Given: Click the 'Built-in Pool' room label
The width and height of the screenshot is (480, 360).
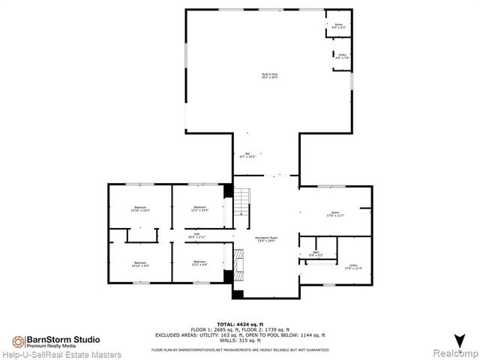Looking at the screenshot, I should [x=270, y=76].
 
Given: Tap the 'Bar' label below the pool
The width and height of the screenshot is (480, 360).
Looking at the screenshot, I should [x=247, y=155].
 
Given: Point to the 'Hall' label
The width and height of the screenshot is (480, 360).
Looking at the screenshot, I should [x=197, y=235].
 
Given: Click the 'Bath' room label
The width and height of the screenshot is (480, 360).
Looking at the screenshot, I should [x=316, y=253].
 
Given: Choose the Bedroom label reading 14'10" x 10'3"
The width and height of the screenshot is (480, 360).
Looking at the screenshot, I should [x=140, y=208].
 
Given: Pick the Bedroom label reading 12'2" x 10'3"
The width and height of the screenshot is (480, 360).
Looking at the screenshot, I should [x=199, y=208].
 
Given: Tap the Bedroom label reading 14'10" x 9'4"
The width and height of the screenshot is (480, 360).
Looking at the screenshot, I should [x=140, y=264].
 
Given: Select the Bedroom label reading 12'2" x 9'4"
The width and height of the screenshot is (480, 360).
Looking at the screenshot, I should [x=199, y=264].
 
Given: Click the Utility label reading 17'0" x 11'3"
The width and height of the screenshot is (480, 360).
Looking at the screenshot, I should [x=352, y=266].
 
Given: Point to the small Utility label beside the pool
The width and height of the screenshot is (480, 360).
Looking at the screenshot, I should [x=341, y=55].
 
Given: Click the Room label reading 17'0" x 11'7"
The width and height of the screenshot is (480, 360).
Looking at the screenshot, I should [x=336, y=214].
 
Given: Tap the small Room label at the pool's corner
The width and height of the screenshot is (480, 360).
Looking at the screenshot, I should [x=338, y=26].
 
